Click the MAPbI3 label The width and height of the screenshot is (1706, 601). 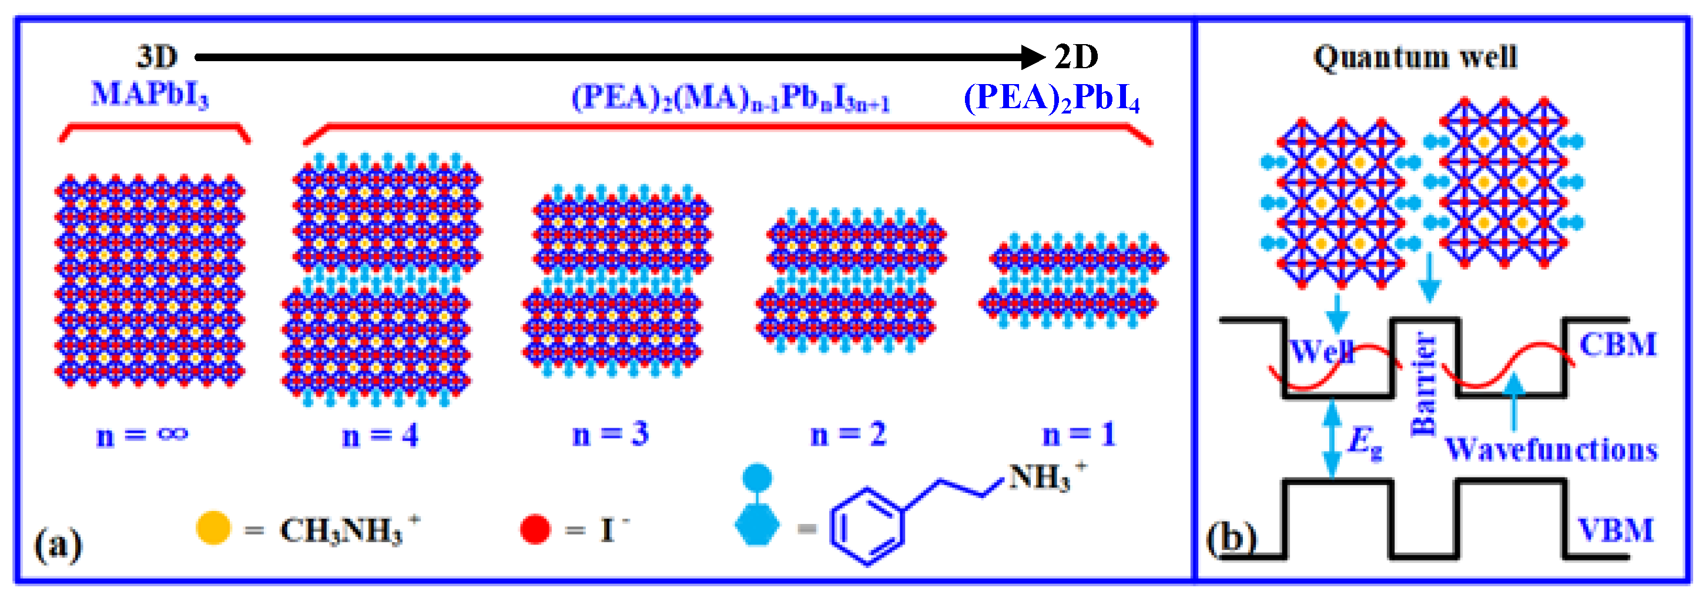tap(150, 94)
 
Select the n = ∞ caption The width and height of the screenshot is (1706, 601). tap(142, 435)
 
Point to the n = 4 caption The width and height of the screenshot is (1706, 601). tap(380, 435)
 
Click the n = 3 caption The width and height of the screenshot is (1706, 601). tap(610, 434)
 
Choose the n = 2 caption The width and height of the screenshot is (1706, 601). tap(849, 435)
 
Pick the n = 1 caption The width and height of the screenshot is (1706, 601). tap(1080, 435)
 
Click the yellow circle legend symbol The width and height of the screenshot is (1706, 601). tap(213, 528)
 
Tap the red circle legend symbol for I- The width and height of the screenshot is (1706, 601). tap(535, 529)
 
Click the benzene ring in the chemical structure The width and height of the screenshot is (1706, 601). tap(867, 527)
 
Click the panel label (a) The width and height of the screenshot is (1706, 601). tap(58, 545)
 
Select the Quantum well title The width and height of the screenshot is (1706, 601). tap(1415, 57)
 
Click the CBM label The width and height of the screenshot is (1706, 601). tap(1618, 345)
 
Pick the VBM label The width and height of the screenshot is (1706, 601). tap(1616, 530)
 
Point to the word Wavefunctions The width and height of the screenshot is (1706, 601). tap(1550, 450)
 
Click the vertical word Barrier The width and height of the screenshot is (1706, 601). tap(1425, 385)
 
